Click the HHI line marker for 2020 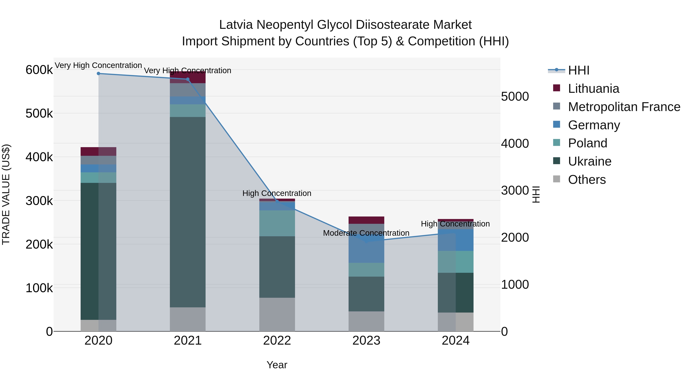pos(98,74)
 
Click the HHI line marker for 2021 pos(188,79)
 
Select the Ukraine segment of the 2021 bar pos(188,212)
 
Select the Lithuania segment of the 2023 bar pos(366,220)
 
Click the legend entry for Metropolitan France pos(624,107)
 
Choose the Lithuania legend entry pos(593,89)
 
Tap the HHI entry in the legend pos(579,70)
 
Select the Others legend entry pos(587,180)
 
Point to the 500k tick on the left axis pos(39,114)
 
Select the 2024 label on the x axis pos(455,341)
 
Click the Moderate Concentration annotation pos(366,233)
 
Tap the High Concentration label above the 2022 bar pos(277,193)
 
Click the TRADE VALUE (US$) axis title pos(6,194)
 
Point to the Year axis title pos(277,365)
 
